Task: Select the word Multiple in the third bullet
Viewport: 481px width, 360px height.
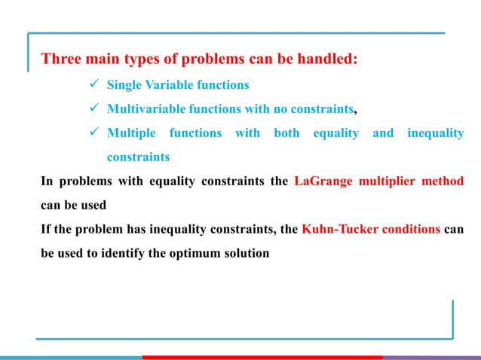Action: click(x=131, y=133)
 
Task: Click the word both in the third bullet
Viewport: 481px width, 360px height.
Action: click(x=276, y=133)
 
